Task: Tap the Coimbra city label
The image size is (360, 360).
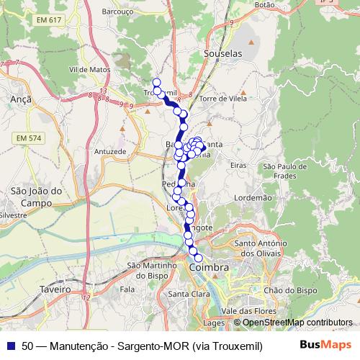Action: [210, 267]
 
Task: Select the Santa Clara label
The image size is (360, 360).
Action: [188, 294]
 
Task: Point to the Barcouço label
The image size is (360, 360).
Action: [120, 12]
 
